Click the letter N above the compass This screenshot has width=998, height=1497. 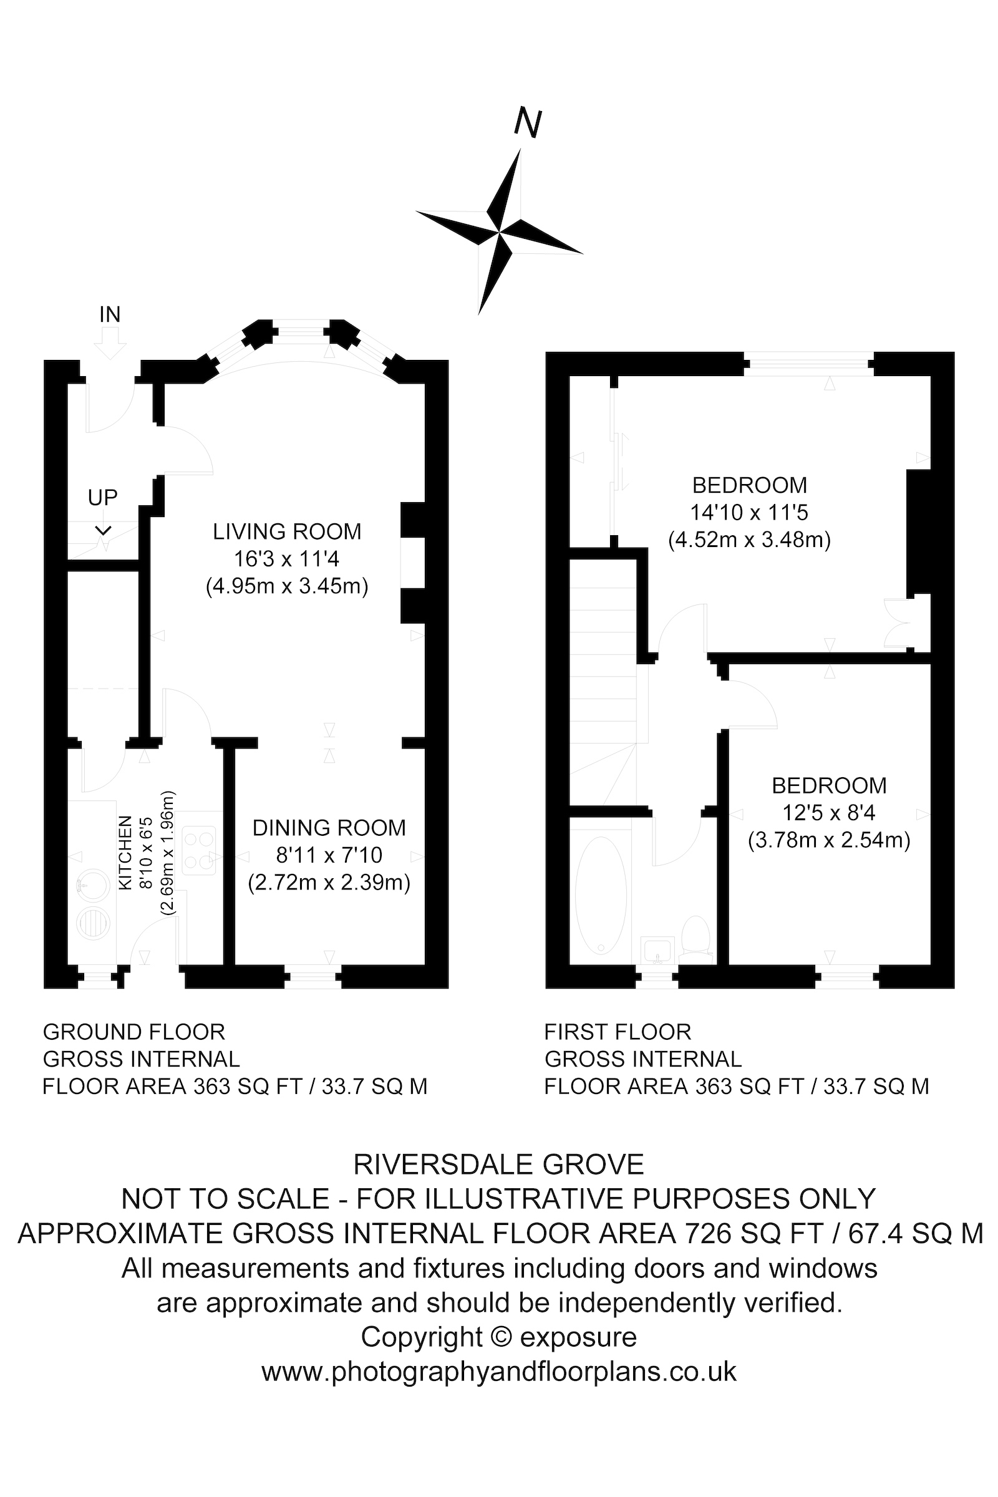[528, 123]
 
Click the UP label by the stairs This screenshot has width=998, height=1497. [102, 497]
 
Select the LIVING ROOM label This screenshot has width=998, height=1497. [287, 531]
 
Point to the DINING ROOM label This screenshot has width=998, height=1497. [329, 828]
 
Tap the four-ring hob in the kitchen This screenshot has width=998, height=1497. [198, 850]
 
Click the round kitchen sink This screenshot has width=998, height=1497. [92, 884]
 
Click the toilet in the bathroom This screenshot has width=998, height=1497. [695, 936]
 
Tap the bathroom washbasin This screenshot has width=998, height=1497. [657, 951]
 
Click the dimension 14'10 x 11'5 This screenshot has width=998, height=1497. [749, 512]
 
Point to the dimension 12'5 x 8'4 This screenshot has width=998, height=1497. [829, 813]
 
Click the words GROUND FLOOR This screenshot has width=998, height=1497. [133, 1032]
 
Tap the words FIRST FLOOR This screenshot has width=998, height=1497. [618, 1032]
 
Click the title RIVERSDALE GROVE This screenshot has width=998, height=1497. [498, 1165]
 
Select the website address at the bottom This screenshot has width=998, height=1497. [498, 1371]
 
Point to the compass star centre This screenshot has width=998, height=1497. [500, 231]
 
